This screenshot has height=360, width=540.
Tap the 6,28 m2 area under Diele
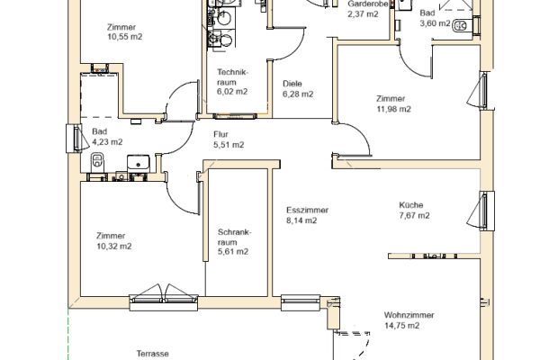(297, 94)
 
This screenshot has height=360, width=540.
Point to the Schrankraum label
(232, 237)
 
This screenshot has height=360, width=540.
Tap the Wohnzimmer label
(409, 315)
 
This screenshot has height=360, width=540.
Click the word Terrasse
(153, 354)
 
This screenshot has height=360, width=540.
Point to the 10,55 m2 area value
(124, 39)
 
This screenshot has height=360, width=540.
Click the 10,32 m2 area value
(114, 246)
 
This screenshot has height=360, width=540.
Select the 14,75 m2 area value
(401, 327)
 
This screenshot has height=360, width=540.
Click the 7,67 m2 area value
(414, 216)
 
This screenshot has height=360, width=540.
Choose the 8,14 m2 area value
(301, 220)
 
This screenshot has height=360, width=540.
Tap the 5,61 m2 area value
(232, 253)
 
